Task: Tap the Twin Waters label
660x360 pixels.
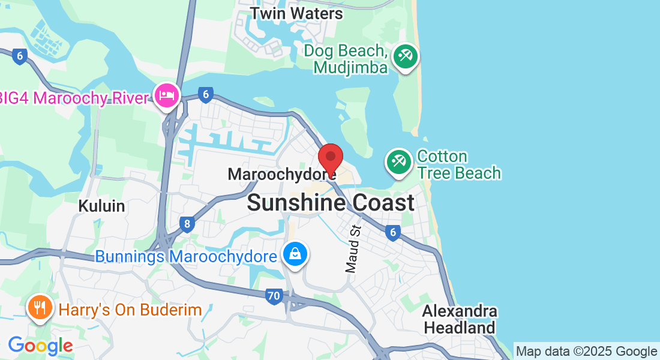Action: [296, 13]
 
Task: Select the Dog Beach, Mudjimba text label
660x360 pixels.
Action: [346, 59]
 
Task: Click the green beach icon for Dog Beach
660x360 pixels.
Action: [406, 58]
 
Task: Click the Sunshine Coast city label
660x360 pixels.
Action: [331, 203]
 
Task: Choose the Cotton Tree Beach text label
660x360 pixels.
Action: [459, 165]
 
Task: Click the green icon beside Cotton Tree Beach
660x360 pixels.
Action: [398, 161]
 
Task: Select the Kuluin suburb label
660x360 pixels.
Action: [101, 206]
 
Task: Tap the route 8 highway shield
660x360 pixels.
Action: [187, 225]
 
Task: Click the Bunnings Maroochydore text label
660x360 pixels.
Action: [186, 257]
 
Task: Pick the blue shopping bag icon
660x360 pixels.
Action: [296, 254]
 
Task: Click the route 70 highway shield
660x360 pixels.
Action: [274, 295]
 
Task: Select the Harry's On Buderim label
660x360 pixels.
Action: [130, 310]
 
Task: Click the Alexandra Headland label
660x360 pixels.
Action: [460, 320]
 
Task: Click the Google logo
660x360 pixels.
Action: [40, 346]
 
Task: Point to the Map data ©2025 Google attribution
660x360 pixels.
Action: [587, 352]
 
